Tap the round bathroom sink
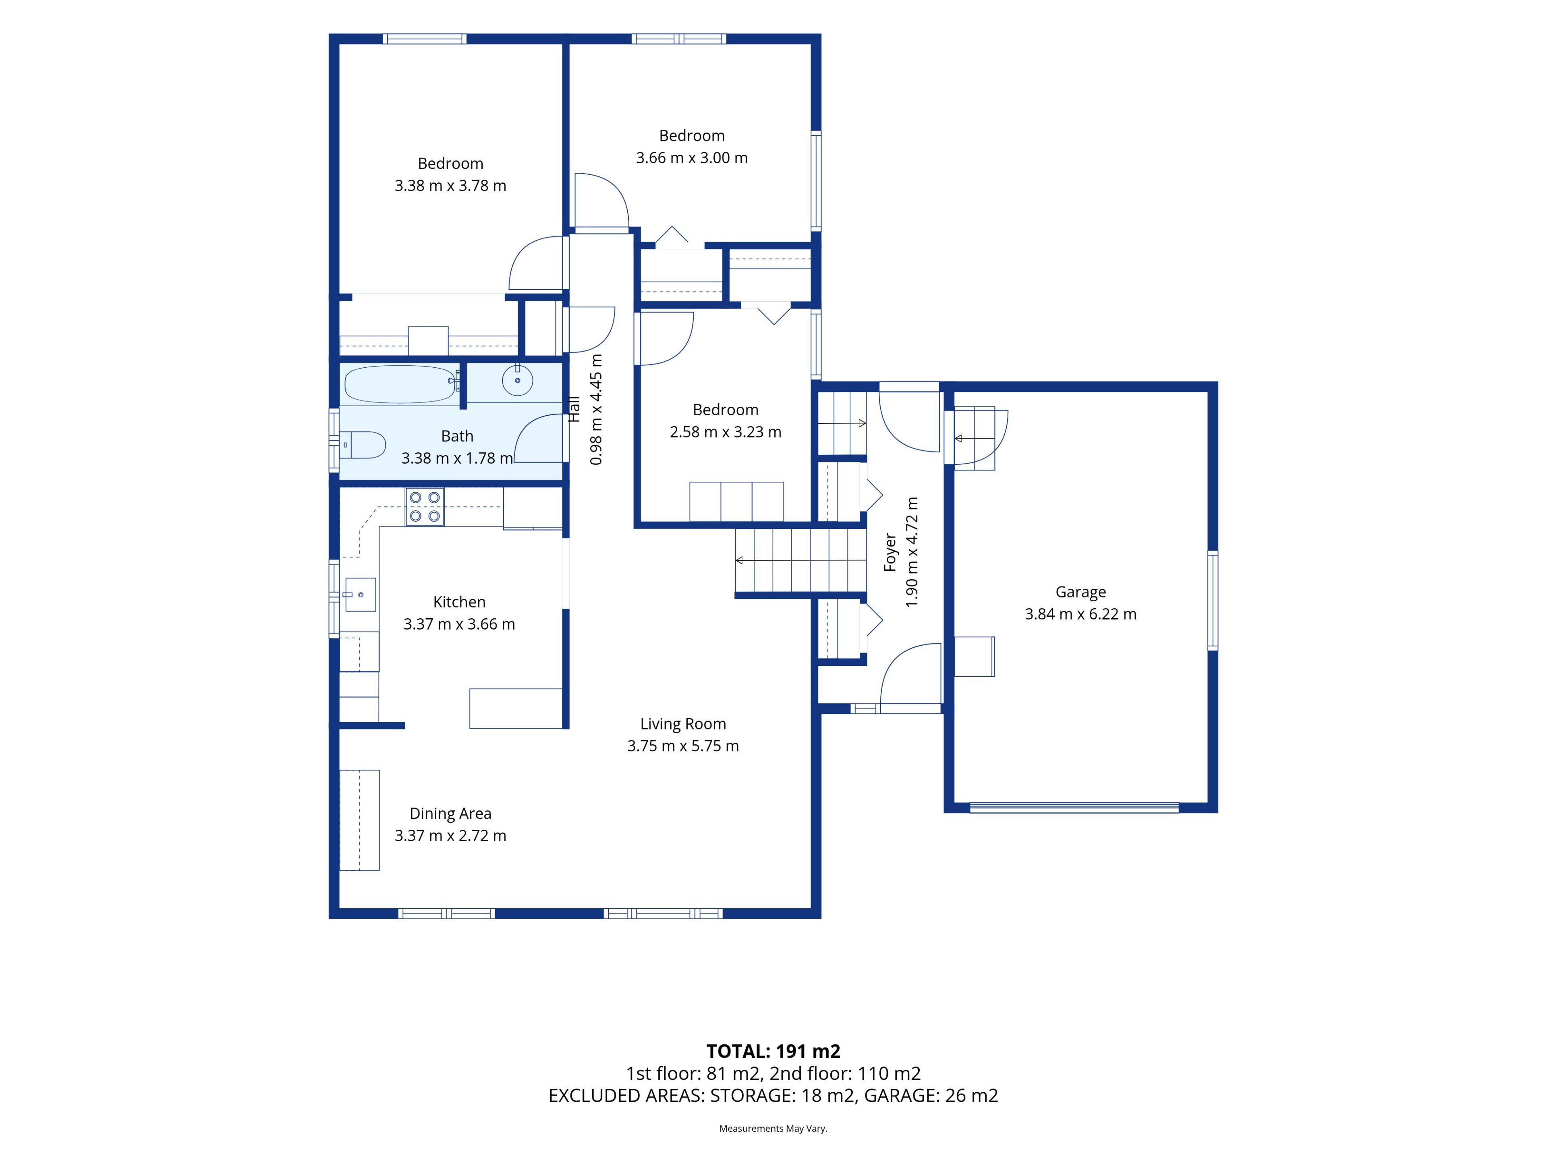[x=518, y=380]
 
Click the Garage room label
[x=1080, y=592]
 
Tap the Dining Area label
[x=450, y=813]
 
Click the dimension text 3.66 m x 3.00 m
[x=692, y=158]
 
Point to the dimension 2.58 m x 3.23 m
[x=725, y=432]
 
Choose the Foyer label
[x=890, y=552]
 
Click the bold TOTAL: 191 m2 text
[x=773, y=1051]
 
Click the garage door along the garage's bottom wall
[x=1074, y=808]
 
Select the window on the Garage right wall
[x=1213, y=601]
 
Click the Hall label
[x=574, y=409]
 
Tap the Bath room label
[x=457, y=436]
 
